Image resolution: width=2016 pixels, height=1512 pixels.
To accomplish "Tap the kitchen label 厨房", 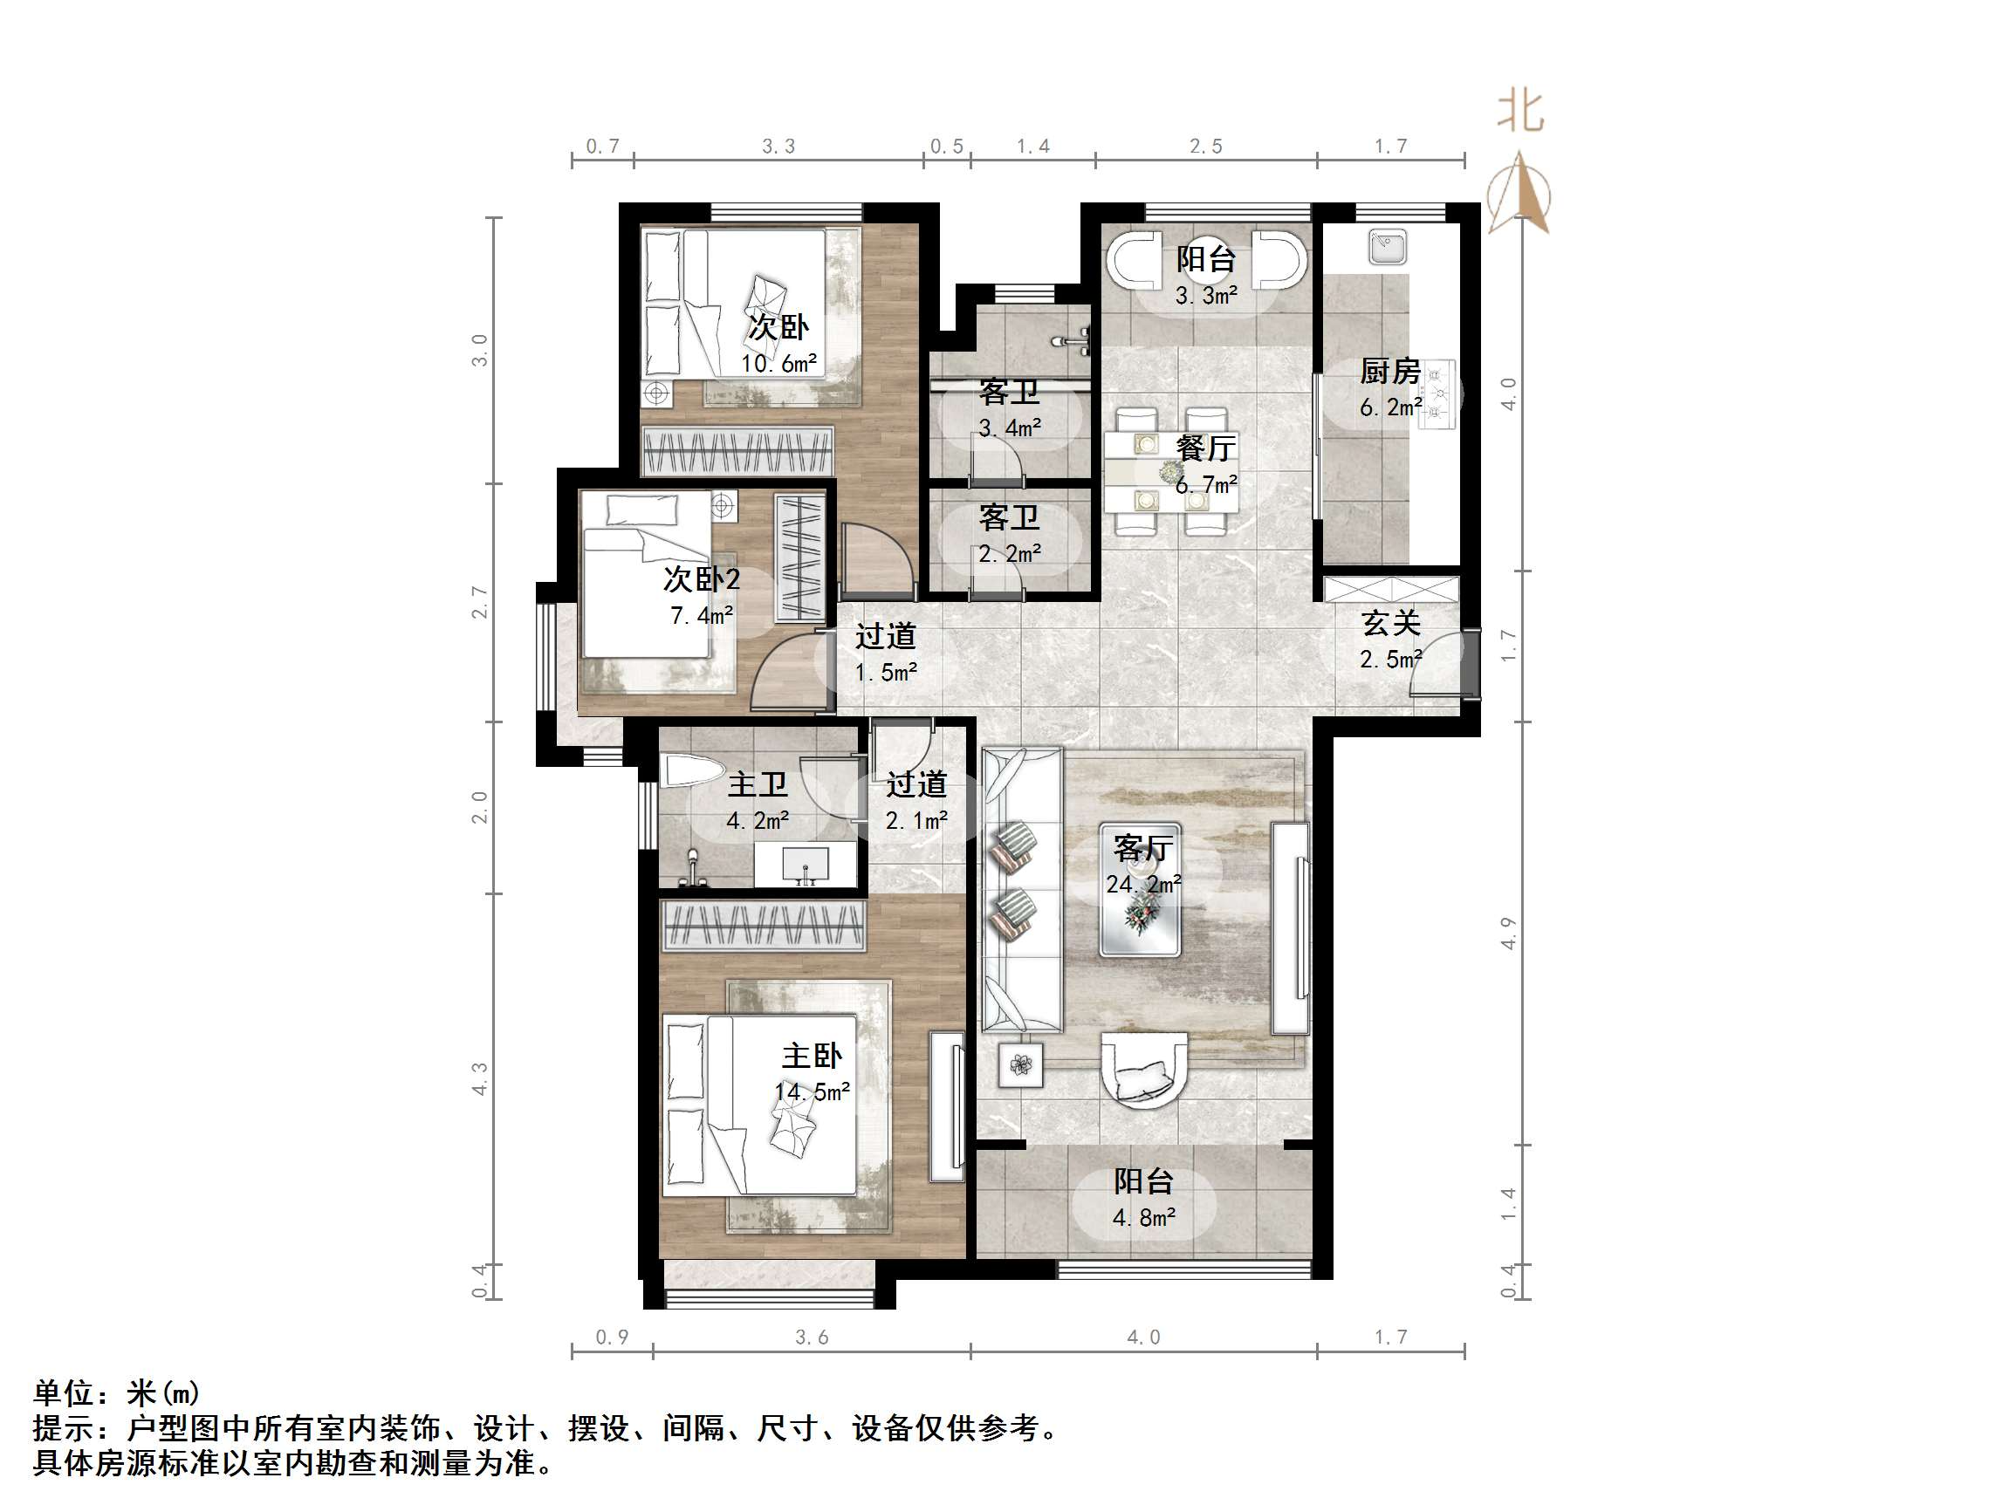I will click(x=1390, y=371).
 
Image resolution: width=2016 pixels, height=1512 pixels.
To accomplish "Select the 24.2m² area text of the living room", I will click(x=1144, y=884).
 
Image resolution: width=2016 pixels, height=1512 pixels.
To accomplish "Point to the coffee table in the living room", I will click(x=1140, y=890).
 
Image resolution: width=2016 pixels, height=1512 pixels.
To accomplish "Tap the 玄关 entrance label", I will click(x=1391, y=624).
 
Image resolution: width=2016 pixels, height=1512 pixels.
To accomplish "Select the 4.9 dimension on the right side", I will click(x=1508, y=934).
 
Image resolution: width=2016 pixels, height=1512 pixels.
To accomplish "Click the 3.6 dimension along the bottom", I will click(x=811, y=1337).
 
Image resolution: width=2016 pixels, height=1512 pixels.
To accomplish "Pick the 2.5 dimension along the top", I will click(x=1205, y=147).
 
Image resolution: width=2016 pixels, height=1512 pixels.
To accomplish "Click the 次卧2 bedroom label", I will click(x=701, y=578).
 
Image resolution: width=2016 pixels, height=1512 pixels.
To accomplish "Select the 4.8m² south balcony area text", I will click(x=1144, y=1218).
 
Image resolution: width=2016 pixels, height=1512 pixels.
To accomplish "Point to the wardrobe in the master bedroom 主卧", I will click(x=762, y=926).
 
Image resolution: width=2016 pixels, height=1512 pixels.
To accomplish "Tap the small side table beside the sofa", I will click(x=1021, y=1064).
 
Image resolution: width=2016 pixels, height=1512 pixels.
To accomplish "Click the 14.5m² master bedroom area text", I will click(x=812, y=1091).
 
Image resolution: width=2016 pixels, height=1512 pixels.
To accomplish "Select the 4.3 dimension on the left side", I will click(x=480, y=1078).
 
